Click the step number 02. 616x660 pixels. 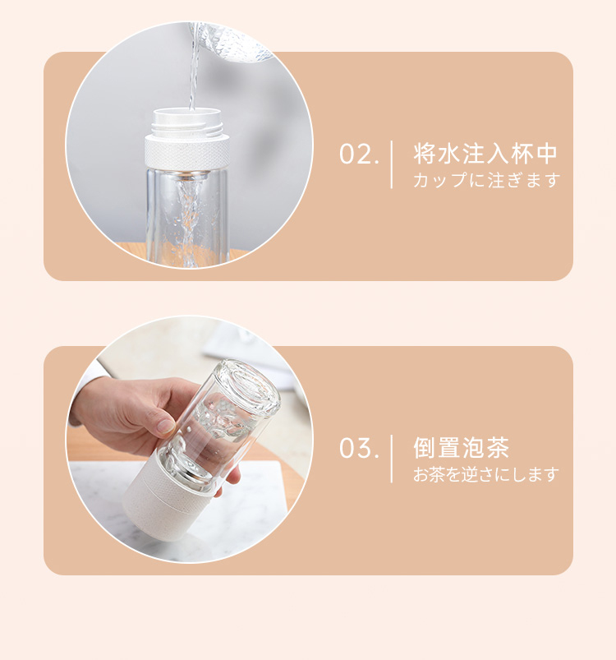(x=359, y=154)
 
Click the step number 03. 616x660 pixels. (x=359, y=448)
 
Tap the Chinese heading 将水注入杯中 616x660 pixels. (x=485, y=153)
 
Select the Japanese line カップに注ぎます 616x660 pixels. (x=486, y=180)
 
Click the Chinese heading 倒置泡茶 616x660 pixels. (x=462, y=447)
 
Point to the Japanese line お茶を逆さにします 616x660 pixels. (x=486, y=474)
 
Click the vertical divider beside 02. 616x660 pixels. (x=392, y=164)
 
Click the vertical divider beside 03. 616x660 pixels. (x=392, y=459)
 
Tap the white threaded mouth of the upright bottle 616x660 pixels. (x=187, y=122)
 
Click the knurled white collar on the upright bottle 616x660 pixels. (x=187, y=152)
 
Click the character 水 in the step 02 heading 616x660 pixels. (x=449, y=153)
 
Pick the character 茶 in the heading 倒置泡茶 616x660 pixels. (x=499, y=447)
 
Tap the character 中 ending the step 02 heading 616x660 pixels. (x=547, y=153)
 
